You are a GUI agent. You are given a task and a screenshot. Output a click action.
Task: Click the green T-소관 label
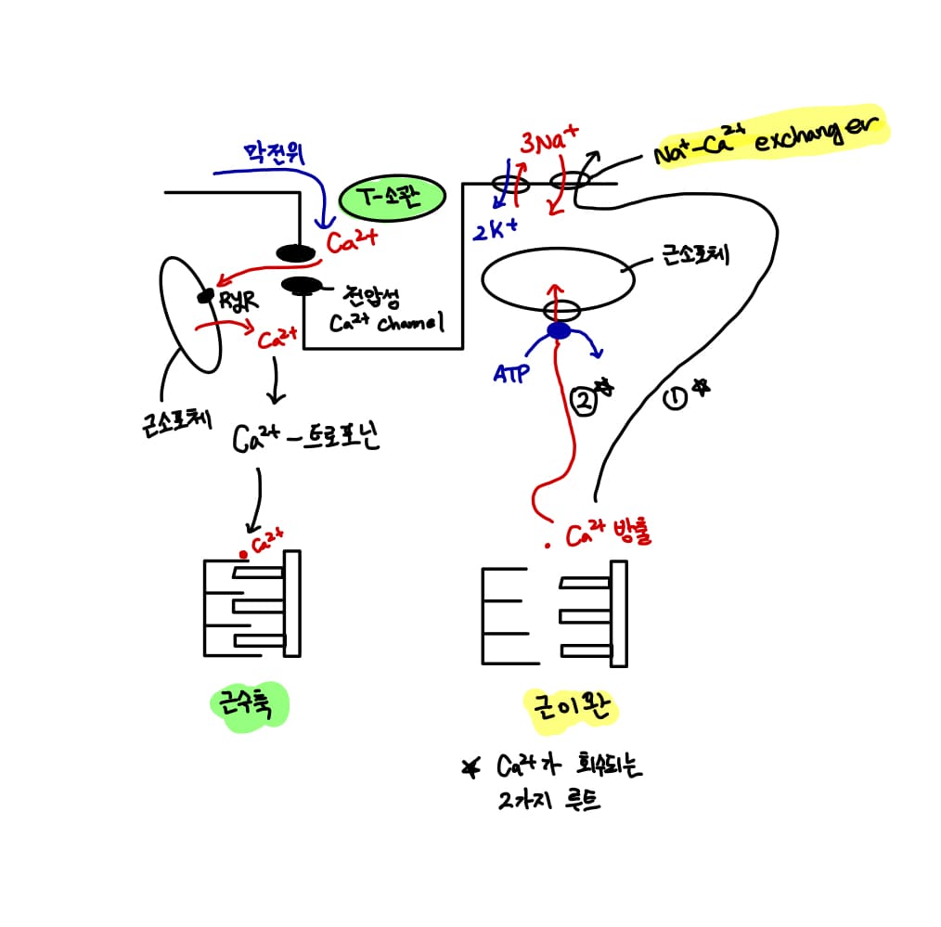coord(393,197)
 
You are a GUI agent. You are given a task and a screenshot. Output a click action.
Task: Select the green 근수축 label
coord(249,707)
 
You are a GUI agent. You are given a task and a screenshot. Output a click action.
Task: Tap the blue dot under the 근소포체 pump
coord(558,331)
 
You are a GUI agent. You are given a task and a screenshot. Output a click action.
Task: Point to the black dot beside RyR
coord(202,297)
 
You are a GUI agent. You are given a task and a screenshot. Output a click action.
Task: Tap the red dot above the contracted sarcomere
coord(243,554)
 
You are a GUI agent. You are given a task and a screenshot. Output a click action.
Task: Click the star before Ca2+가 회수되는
coord(471,767)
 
